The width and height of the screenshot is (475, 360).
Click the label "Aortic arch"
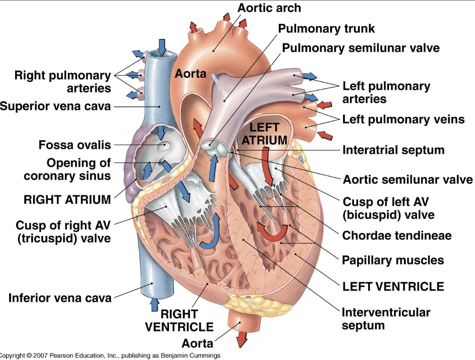(x=269, y=8)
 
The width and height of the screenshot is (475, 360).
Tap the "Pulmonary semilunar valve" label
(x=360, y=48)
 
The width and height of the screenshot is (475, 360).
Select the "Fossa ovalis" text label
(x=75, y=145)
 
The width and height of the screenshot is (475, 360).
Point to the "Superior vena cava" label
(x=55, y=106)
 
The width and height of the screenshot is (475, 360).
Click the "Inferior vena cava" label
(x=60, y=298)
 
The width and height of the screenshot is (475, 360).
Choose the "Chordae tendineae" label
(x=397, y=235)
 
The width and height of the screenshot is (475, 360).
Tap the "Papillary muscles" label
(x=393, y=260)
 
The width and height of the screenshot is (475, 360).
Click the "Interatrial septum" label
(x=393, y=149)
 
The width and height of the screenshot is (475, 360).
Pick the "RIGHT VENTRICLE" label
(x=179, y=320)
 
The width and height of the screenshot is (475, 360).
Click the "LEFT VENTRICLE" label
(x=393, y=286)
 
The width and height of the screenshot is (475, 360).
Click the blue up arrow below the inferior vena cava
(x=154, y=305)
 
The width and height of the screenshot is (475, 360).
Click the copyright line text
(x=110, y=355)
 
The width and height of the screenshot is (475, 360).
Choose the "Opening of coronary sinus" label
(x=67, y=169)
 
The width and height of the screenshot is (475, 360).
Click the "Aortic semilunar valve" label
(x=408, y=179)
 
